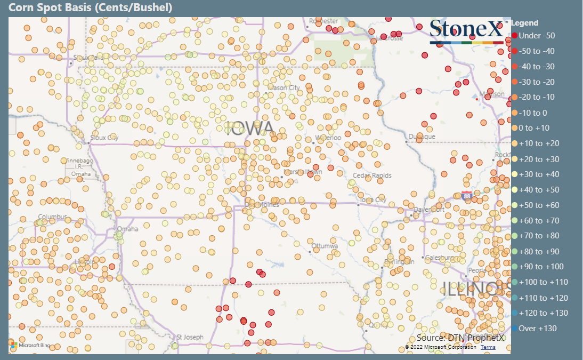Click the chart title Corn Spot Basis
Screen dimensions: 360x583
(x=91, y=8)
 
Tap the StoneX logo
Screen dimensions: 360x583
(x=466, y=30)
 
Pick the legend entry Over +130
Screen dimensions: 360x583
(x=537, y=328)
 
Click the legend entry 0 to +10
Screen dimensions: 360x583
(x=534, y=128)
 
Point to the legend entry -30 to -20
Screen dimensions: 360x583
(x=537, y=82)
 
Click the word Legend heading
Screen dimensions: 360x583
(x=525, y=23)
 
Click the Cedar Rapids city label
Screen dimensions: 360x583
(x=372, y=175)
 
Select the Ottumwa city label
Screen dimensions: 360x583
(x=325, y=246)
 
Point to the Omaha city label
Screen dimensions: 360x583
(x=128, y=229)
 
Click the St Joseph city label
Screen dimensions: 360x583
(x=190, y=337)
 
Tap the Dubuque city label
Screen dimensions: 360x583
(x=422, y=137)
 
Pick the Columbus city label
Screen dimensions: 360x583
(x=52, y=217)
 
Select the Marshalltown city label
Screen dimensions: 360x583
(x=303, y=172)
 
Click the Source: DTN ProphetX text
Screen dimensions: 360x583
(x=460, y=338)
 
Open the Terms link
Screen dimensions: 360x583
(x=488, y=347)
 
